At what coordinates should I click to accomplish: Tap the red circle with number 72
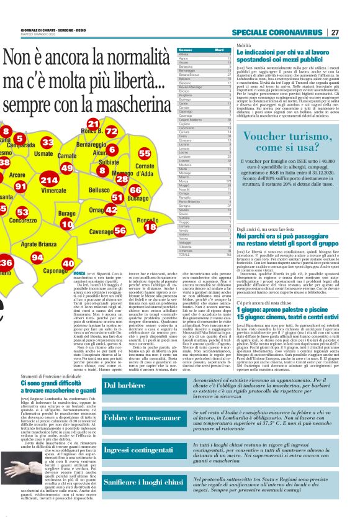111,132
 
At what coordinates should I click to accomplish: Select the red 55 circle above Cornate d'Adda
145,153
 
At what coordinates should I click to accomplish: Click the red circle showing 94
37,257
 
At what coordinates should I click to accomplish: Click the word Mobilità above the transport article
243,47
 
